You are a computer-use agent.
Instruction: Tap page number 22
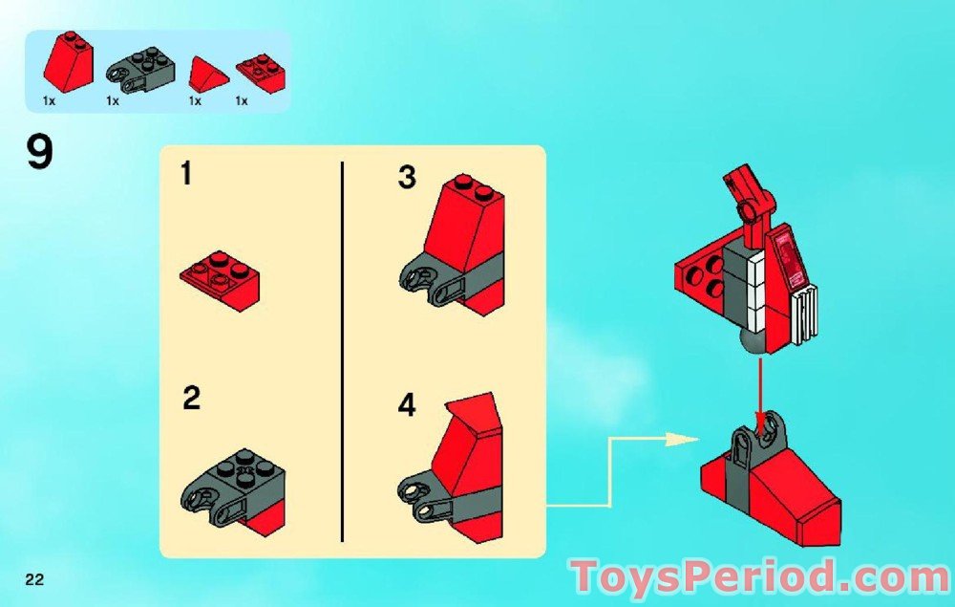point(34,579)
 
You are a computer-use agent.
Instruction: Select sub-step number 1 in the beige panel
point(186,172)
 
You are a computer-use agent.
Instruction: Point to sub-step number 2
point(191,399)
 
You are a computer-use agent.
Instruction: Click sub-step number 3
point(407,178)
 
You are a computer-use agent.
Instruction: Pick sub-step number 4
point(407,405)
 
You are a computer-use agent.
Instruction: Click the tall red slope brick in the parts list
point(69,63)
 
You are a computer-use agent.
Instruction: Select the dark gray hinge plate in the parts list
point(140,75)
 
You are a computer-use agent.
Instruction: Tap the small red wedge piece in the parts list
point(208,74)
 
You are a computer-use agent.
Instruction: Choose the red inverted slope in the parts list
point(262,72)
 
